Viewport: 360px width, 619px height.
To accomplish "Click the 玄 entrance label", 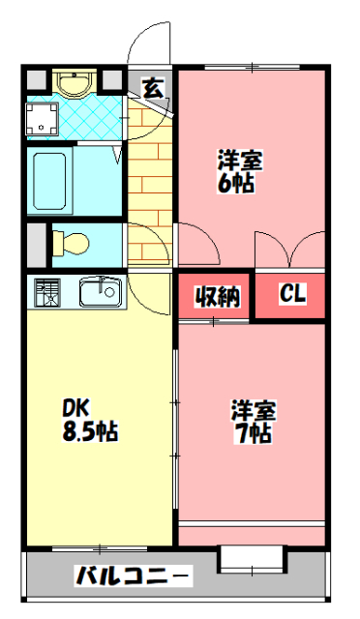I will [x=152, y=86].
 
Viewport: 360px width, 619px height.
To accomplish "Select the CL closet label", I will [x=291, y=295].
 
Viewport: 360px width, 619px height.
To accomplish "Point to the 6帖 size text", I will [x=237, y=183].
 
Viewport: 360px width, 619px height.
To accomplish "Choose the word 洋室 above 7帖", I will [x=254, y=409].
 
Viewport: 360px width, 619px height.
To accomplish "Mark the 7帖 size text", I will [x=253, y=432].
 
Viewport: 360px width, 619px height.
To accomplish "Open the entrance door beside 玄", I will [x=150, y=44].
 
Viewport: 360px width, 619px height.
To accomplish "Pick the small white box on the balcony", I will [x=250, y=558].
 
